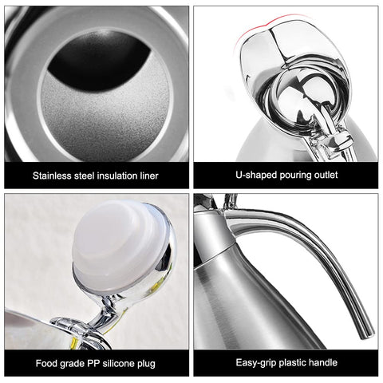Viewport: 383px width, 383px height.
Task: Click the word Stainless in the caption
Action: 53,176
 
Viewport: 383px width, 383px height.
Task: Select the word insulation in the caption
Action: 115,176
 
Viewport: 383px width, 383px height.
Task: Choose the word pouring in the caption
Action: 290,176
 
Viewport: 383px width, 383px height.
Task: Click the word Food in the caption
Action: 46,364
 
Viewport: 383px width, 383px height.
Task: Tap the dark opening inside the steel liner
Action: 96,60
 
